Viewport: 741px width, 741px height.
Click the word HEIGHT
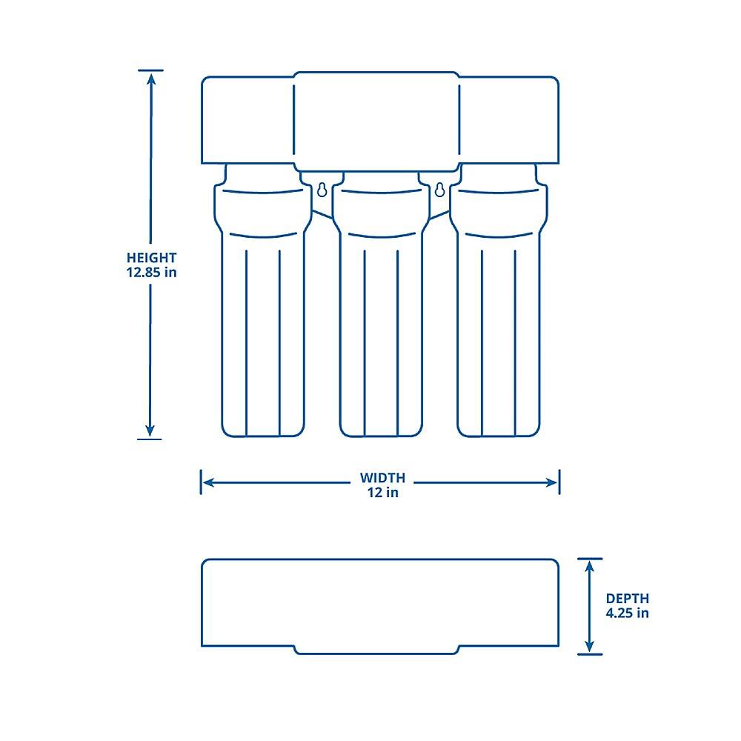pos(151,258)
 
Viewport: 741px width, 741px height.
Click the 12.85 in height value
pos(151,272)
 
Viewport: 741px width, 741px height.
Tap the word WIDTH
pos(382,478)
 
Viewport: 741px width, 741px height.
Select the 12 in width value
pos(382,492)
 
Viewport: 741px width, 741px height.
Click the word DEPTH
pos(627,598)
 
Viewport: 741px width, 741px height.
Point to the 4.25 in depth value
pos(627,613)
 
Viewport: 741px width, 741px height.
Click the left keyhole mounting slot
pos(322,190)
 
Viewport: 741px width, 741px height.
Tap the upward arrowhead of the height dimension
pos(150,78)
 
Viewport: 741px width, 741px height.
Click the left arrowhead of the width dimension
pos(208,482)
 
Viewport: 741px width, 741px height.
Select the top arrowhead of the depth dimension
pos(590,566)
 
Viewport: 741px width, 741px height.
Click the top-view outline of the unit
pos(379,604)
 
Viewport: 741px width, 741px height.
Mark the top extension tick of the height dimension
pos(150,70)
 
